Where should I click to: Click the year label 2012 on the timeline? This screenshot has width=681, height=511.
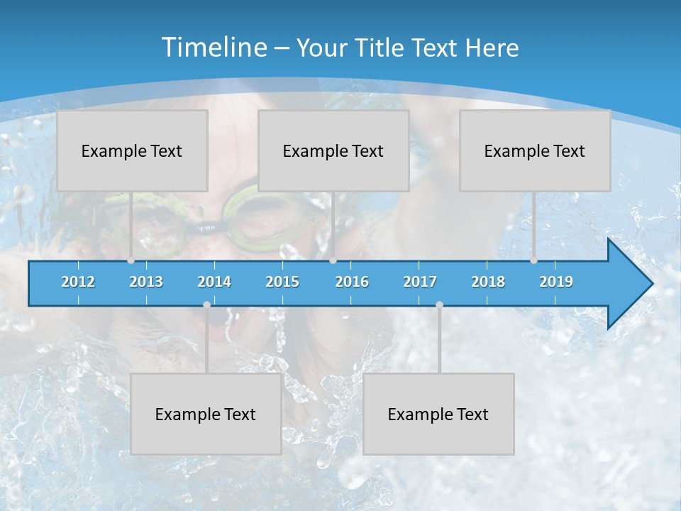(78, 282)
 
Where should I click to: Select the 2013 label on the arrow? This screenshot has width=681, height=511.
(146, 282)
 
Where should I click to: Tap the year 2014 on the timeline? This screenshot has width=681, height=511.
(214, 282)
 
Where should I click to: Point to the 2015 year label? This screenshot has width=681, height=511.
(282, 282)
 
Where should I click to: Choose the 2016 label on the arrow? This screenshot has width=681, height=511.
(352, 282)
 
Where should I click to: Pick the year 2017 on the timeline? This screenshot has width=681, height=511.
(420, 282)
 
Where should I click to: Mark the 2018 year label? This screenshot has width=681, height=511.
(488, 282)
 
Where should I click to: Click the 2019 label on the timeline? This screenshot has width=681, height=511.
(556, 282)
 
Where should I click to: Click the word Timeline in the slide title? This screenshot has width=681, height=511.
(214, 48)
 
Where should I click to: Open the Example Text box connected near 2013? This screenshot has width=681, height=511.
(132, 150)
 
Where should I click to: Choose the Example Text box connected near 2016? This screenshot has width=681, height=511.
(333, 150)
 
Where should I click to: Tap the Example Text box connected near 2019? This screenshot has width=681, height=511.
(535, 150)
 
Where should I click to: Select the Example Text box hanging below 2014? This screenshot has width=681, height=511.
(206, 414)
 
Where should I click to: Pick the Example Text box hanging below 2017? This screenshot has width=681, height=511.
(438, 414)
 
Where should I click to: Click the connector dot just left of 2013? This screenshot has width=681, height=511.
(131, 260)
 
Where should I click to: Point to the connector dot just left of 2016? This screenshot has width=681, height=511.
(333, 260)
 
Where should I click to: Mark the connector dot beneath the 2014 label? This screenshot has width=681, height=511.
(206, 304)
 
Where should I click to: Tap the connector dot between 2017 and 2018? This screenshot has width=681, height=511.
(439, 304)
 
